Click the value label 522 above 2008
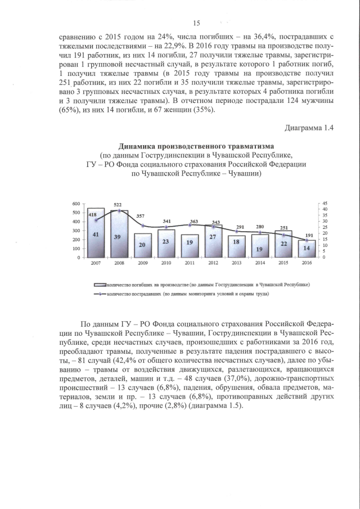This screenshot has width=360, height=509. (x=118, y=205)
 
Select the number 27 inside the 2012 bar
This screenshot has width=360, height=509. (x=213, y=237)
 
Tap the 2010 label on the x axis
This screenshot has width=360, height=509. (x=166, y=263)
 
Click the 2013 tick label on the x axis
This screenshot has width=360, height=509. (x=236, y=263)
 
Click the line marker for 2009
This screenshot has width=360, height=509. (x=142, y=226)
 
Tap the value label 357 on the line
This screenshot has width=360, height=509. (x=143, y=217)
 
